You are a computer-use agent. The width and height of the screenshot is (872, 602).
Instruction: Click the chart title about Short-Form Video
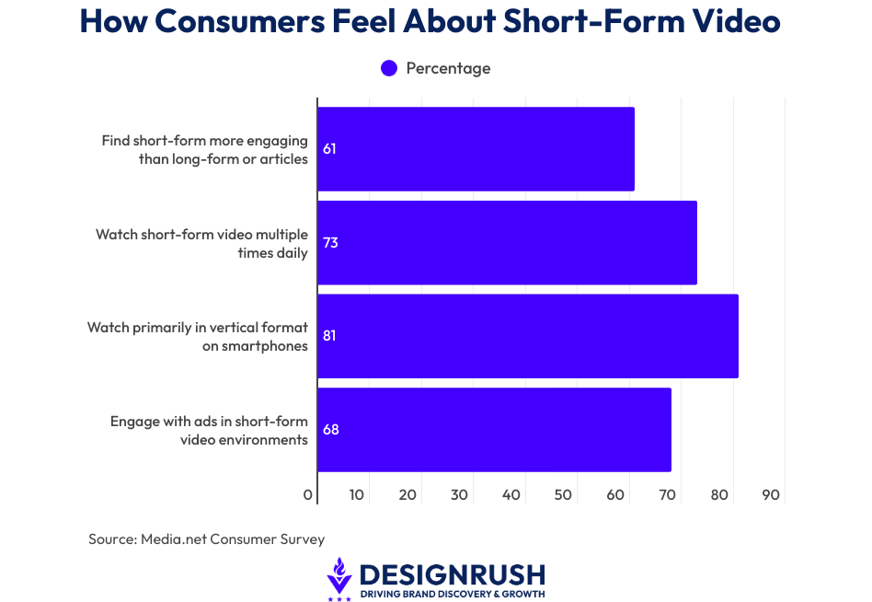point(430,22)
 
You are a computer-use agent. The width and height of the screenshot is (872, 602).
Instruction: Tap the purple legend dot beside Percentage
point(389,68)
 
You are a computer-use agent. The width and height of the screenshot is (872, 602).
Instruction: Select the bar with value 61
point(476,149)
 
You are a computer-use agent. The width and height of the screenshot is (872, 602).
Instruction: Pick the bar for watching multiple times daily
point(507,243)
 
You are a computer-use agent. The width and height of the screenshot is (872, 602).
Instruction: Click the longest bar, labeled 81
point(528,336)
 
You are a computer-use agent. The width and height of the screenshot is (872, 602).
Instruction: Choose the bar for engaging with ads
point(494,430)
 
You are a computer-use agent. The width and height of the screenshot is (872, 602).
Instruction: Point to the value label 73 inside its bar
point(330,243)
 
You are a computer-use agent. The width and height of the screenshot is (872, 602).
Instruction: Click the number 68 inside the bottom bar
point(331,430)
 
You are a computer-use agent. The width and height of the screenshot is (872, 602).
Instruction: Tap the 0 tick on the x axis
point(308,495)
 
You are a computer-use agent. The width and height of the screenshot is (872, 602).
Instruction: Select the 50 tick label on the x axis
point(564,495)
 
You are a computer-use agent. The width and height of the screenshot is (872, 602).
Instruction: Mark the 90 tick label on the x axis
point(771,495)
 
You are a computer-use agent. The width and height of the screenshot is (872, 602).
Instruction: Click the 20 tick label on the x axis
point(408,495)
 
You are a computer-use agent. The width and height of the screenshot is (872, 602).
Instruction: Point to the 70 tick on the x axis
point(668,495)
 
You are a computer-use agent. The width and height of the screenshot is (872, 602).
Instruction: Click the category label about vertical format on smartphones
point(198,337)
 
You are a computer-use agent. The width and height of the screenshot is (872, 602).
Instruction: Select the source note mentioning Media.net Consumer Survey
point(206,539)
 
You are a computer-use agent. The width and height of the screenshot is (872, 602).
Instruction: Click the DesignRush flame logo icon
point(339,578)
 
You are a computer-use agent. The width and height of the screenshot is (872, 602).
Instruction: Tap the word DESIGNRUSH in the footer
point(452,575)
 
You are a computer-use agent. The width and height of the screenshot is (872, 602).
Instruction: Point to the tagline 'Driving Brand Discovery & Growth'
point(452,595)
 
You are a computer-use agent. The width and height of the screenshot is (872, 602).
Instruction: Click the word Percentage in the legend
point(448,68)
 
